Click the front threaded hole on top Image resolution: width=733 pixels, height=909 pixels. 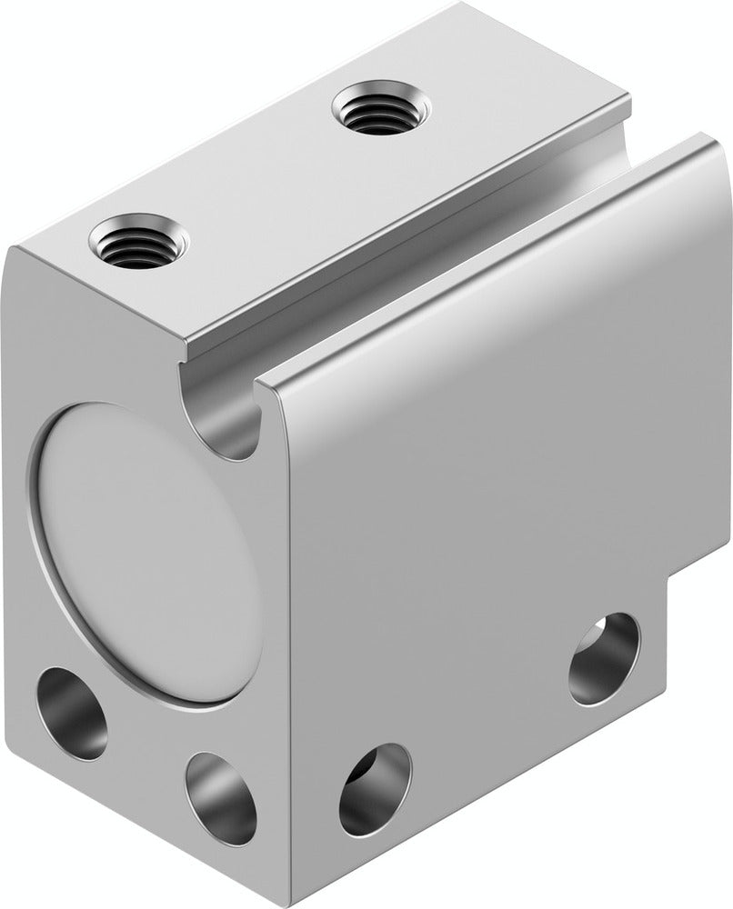(139, 240)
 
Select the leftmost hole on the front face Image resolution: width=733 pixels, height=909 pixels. (72, 714)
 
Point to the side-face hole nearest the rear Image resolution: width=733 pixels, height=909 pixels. (604, 658)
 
